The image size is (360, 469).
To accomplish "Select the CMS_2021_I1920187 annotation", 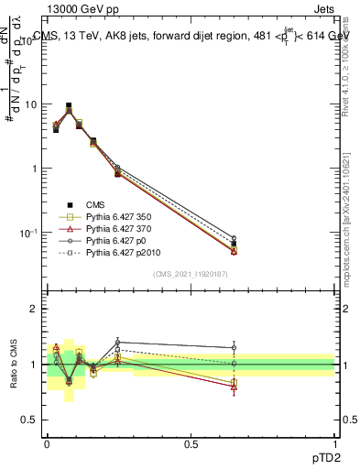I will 191,274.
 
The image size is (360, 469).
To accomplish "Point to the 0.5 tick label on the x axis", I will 191,444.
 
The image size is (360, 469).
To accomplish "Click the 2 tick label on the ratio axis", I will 34,309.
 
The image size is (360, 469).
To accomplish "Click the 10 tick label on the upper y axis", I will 30,104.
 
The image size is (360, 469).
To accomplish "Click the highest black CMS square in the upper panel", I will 69,106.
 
